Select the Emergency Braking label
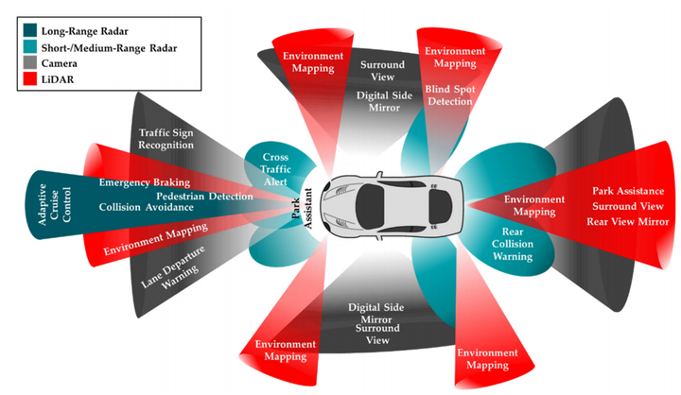(144, 181)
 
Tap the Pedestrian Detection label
(204, 196)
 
